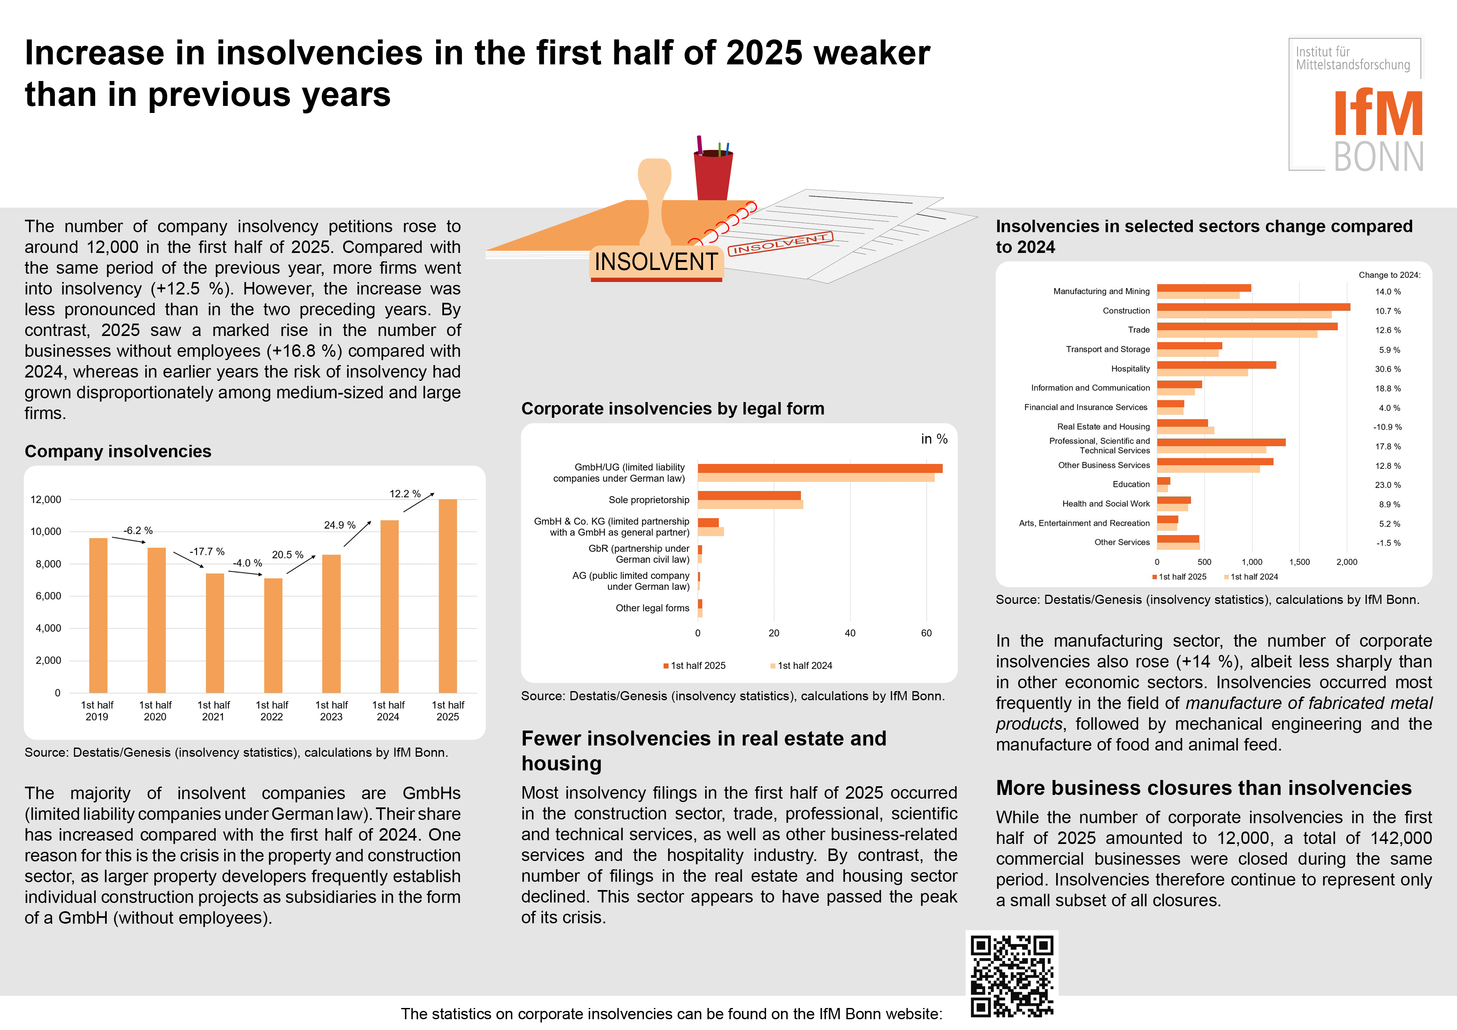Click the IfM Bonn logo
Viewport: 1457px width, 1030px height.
1356,105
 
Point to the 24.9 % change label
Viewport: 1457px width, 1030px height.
339,525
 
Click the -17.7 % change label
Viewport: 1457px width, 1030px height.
207,552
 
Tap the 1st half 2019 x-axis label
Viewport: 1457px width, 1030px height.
97,711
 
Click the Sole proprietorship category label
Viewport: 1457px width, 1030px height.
648,500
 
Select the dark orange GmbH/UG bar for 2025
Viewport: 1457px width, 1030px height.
820,468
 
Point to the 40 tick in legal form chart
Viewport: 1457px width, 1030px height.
850,633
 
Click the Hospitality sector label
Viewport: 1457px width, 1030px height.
1130,369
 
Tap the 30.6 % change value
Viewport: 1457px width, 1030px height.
1388,369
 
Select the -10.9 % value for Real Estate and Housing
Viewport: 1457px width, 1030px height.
1387,427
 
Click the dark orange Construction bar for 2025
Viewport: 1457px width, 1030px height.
1253,307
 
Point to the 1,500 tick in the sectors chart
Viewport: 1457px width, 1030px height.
1299,562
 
